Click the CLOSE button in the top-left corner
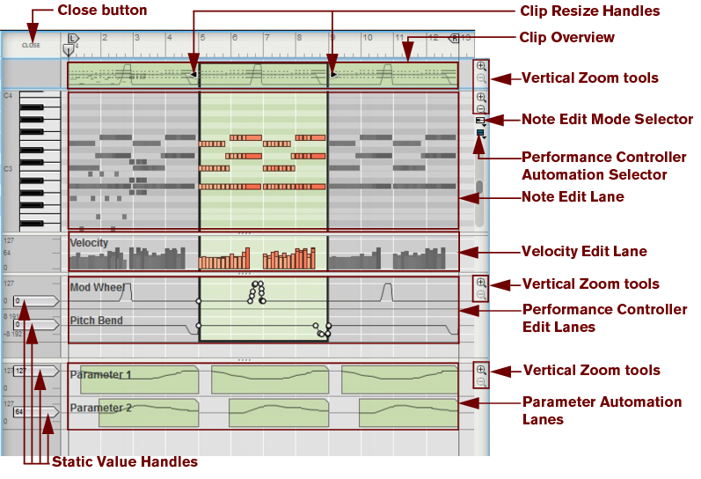31,44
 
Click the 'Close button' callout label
102,11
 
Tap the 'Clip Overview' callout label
567,37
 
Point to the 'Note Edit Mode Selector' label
607,120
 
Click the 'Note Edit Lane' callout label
573,197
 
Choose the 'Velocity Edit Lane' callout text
584,252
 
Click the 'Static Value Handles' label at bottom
125,461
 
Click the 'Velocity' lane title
89,243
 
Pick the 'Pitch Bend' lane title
96,321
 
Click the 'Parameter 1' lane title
100,375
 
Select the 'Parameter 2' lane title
100,408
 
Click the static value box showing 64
19,411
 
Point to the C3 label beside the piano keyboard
8,167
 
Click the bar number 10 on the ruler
367,38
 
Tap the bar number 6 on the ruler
234,38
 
